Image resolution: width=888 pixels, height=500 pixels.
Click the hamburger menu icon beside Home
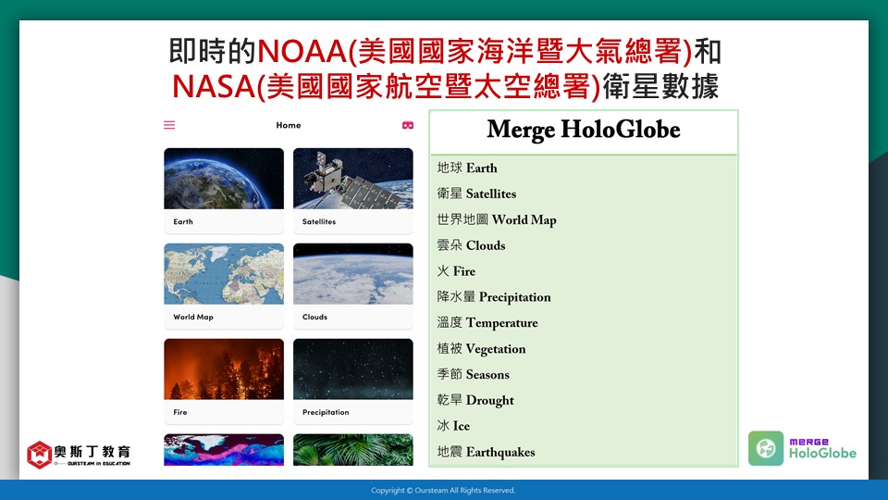tap(169, 125)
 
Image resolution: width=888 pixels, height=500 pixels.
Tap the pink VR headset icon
tap(408, 125)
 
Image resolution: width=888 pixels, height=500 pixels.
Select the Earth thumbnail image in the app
tap(224, 179)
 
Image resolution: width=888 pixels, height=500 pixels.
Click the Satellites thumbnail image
tap(352, 179)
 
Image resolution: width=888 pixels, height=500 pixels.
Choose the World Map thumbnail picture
tap(224, 274)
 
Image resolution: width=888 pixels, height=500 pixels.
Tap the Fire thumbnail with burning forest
tap(224, 369)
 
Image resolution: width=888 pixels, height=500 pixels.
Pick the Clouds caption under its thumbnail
tap(314, 317)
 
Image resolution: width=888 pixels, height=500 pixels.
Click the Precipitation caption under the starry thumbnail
tap(326, 412)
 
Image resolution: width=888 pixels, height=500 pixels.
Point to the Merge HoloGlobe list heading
tap(584, 130)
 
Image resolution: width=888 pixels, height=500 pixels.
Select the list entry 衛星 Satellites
tap(477, 194)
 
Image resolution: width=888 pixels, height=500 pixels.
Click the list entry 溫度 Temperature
tap(487, 323)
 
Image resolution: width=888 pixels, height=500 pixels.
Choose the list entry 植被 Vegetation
tap(481, 349)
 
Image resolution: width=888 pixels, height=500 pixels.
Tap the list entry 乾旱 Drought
tap(475, 400)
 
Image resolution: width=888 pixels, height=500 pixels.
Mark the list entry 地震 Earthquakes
tap(486, 452)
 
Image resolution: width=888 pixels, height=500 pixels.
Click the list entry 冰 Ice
tap(453, 426)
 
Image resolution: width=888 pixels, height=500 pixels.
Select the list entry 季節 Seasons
tap(474, 374)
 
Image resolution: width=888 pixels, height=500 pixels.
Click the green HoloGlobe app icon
tap(766, 448)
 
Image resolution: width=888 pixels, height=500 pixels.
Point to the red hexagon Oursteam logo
tap(40, 455)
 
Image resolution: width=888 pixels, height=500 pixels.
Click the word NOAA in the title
tap(302, 51)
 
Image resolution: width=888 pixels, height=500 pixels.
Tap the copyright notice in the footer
tap(443, 491)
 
